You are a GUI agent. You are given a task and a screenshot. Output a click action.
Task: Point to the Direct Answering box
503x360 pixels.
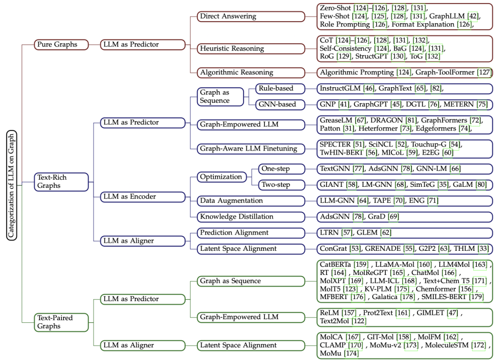click(250, 17)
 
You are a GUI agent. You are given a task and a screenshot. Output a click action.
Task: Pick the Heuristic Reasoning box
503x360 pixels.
click(250, 48)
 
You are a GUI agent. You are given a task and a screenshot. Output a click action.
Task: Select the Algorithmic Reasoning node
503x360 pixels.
click(250, 73)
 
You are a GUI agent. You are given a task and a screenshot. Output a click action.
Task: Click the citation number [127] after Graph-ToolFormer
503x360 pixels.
click(484, 73)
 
